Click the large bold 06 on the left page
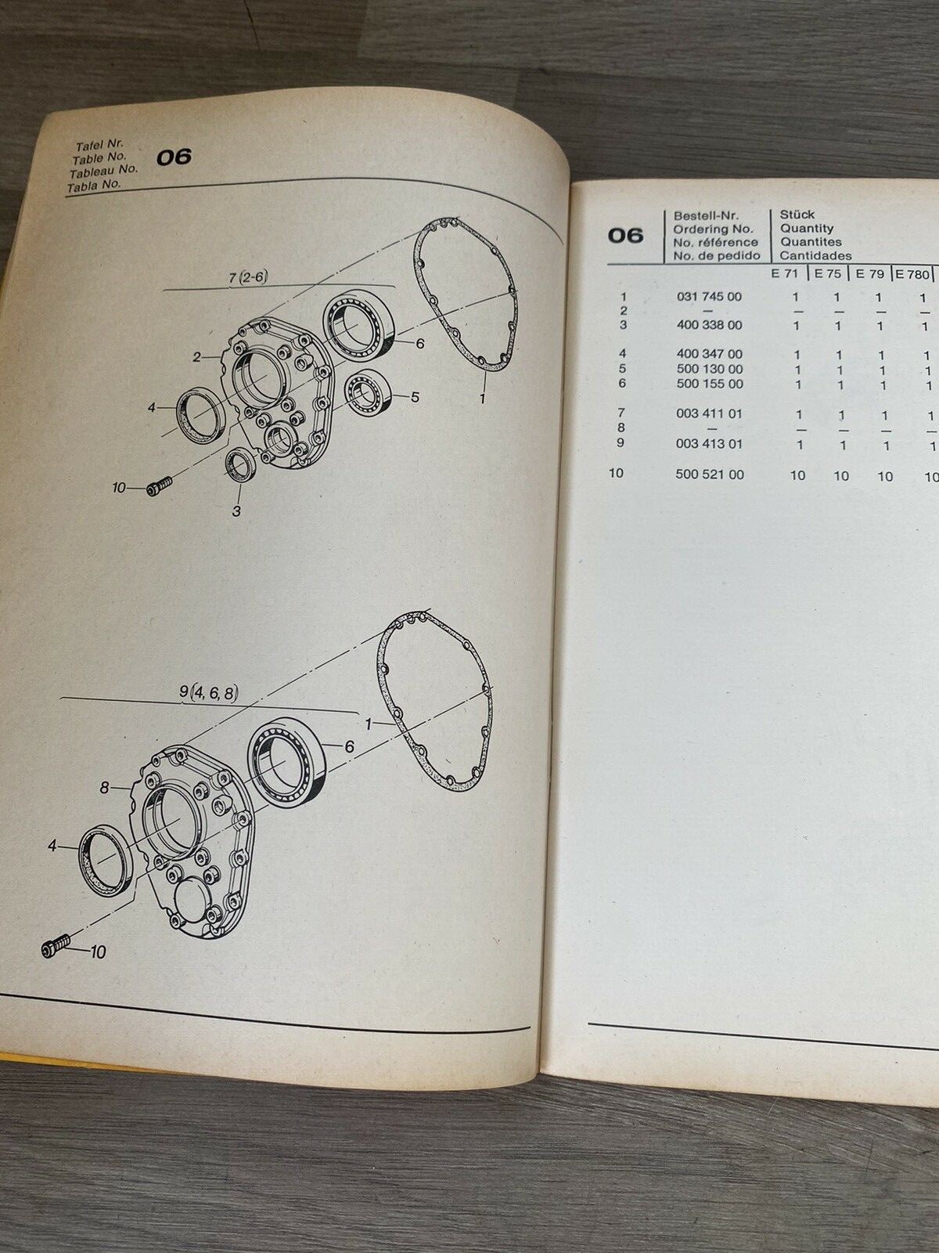click(x=174, y=157)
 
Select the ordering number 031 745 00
click(x=709, y=297)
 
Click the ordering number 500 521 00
click(x=709, y=475)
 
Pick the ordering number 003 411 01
click(x=709, y=413)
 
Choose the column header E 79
click(x=870, y=274)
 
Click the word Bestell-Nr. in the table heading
click(x=706, y=215)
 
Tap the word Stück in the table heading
click(x=797, y=215)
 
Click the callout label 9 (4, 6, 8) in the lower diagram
click(x=207, y=691)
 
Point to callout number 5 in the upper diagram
click(x=415, y=397)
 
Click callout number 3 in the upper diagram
click(x=236, y=511)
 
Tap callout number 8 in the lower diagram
click(x=104, y=789)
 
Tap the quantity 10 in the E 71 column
click(x=797, y=475)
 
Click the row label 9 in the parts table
click(x=624, y=443)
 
